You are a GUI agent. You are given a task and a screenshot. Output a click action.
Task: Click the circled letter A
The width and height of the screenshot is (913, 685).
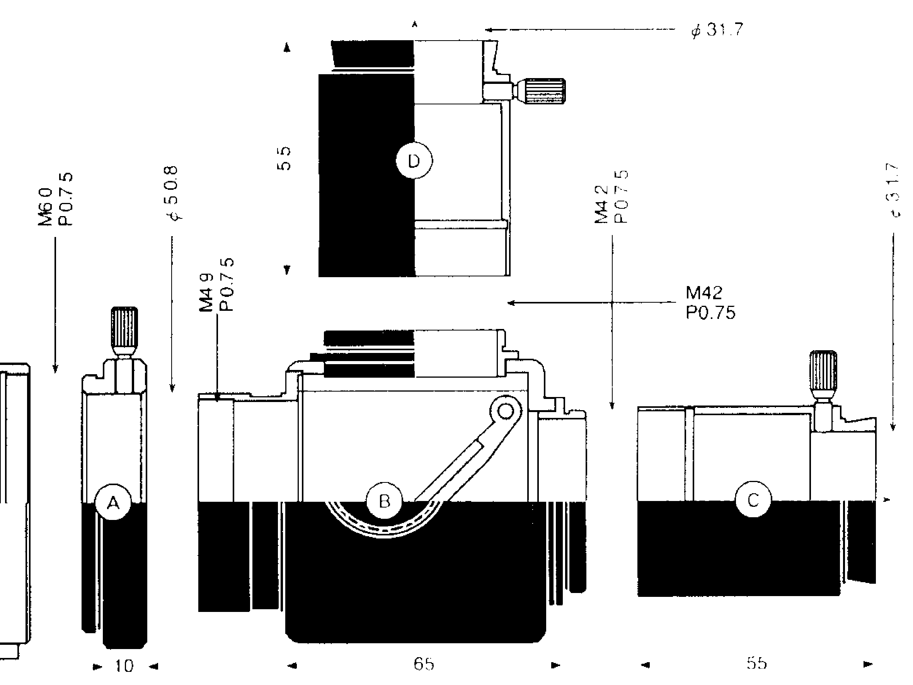[x=113, y=503]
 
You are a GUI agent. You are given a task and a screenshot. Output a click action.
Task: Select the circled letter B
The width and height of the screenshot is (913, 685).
[x=384, y=501]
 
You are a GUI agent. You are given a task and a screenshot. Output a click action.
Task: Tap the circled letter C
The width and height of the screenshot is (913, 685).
[x=753, y=500]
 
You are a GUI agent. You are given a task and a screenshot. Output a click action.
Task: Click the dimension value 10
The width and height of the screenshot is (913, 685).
[x=124, y=666]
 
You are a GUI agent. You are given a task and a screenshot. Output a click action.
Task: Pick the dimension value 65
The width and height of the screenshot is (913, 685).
[x=424, y=663]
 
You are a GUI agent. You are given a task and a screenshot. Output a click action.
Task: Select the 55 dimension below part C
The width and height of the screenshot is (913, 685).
[x=756, y=663]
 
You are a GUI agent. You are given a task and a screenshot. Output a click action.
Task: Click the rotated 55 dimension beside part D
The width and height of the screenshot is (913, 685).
[x=284, y=159]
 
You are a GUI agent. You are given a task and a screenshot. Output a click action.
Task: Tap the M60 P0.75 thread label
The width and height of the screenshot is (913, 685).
[x=56, y=199]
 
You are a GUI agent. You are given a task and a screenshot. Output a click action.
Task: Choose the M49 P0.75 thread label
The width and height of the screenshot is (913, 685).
[x=217, y=285]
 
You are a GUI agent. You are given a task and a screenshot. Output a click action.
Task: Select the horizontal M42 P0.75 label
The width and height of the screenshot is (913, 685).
[x=710, y=303]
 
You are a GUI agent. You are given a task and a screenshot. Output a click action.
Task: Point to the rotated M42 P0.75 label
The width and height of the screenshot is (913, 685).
[x=612, y=196]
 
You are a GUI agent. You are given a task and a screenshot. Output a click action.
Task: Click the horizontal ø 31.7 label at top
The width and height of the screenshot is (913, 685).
[x=717, y=30]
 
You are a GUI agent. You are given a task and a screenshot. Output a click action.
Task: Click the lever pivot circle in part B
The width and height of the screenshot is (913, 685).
[x=505, y=411]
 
